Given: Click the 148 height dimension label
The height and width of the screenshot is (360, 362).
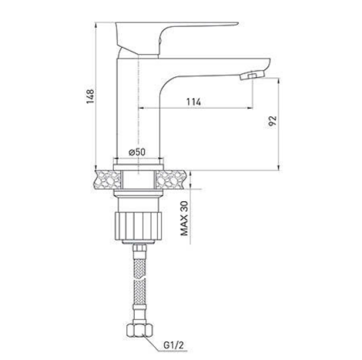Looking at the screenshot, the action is click(90, 96).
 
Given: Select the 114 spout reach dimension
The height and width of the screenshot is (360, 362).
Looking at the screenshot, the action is click(193, 102).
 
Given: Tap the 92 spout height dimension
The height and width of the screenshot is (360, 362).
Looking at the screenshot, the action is click(273, 121).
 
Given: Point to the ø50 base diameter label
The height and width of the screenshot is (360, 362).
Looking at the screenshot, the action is click(137, 152).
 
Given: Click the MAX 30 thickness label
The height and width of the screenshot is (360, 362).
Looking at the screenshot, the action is click(184, 218).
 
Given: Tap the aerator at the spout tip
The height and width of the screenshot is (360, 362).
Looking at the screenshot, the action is click(252, 75).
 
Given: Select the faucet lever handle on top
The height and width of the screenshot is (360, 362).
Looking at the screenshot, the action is click(176, 36).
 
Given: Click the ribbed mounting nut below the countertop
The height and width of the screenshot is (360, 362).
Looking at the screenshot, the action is click(139, 226).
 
